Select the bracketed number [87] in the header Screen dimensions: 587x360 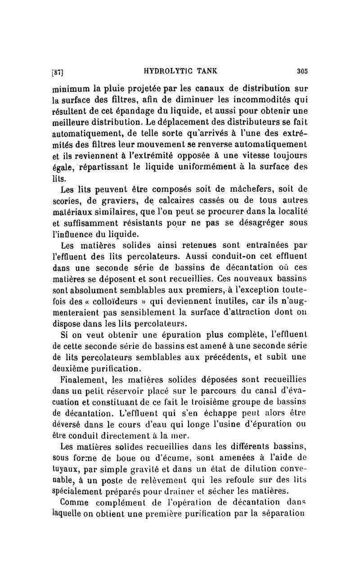(x=59, y=71)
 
